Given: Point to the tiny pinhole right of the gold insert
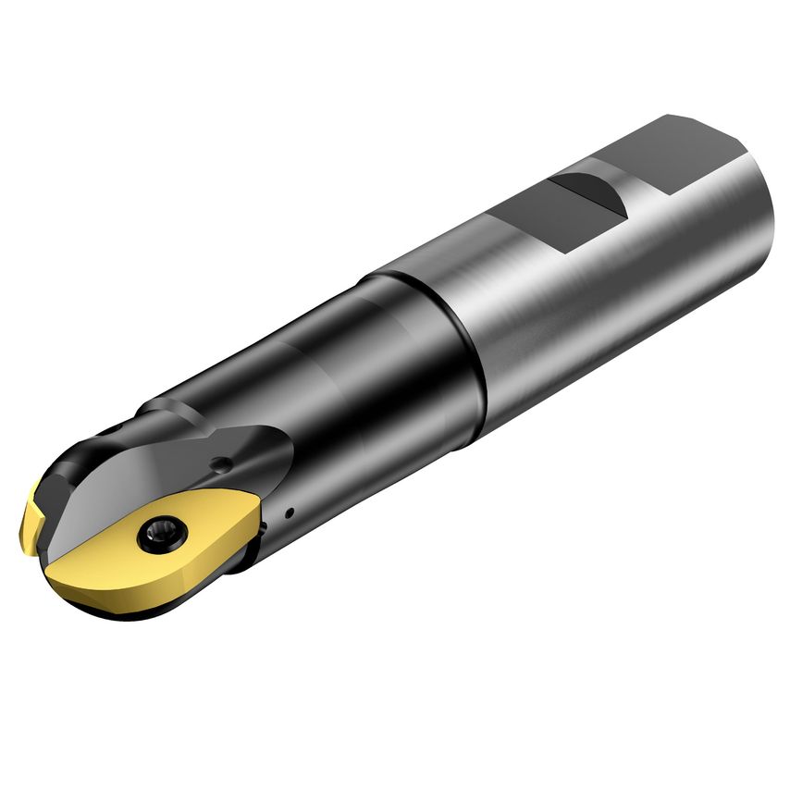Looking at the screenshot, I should [x=289, y=511].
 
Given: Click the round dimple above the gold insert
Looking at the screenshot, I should [x=221, y=463].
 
